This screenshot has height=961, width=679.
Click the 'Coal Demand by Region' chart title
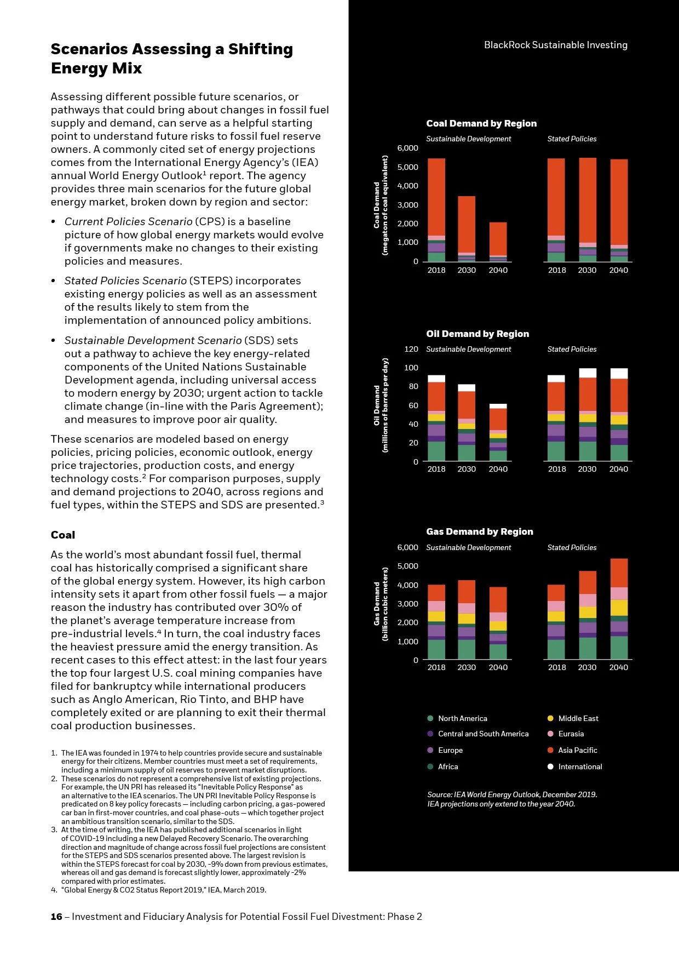(x=481, y=123)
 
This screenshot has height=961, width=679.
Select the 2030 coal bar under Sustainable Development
(x=467, y=228)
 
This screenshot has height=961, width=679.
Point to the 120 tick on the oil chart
(x=411, y=349)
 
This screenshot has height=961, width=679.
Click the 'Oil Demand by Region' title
(x=477, y=334)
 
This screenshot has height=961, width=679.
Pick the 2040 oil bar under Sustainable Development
(x=498, y=432)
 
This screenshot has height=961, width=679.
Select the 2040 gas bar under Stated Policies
(x=619, y=608)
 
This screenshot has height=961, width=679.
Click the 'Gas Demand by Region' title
(x=479, y=531)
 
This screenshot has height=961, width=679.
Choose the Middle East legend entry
(x=578, y=718)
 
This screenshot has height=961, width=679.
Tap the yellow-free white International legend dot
(x=550, y=766)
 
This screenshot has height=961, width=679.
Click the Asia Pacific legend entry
(x=577, y=750)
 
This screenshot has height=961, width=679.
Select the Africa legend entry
(x=447, y=766)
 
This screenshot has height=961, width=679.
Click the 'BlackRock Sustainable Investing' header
(x=555, y=45)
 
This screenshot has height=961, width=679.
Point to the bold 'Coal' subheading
(x=63, y=535)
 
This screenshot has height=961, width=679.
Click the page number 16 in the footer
(x=56, y=917)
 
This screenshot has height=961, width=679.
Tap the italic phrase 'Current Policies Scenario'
(x=128, y=221)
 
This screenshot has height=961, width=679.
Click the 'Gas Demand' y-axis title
(x=377, y=604)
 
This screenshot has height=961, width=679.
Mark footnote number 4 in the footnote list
(x=54, y=890)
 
